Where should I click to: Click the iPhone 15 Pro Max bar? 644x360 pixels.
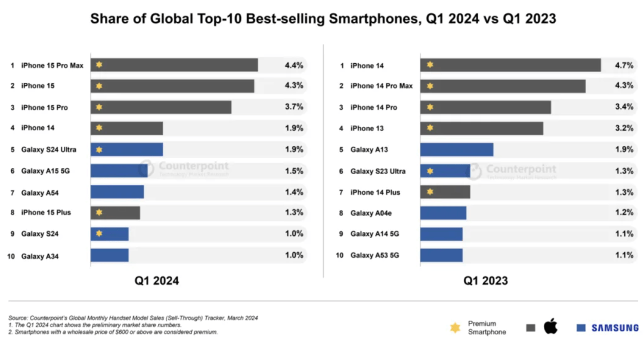174,65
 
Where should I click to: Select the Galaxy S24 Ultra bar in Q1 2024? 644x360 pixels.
126,150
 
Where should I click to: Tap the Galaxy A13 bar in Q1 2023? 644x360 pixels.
456,150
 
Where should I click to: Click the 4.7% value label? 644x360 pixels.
624,65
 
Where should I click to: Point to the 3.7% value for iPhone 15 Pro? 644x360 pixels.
294,107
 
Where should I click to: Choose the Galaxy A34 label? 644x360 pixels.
40,256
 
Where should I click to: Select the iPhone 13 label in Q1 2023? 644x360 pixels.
367,128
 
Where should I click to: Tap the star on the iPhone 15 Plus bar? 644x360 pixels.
99,213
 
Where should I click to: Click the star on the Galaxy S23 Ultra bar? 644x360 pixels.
429,171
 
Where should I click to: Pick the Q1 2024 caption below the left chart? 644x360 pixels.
156,280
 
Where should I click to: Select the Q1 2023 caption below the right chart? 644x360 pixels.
486,280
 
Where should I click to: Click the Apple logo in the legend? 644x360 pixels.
550,327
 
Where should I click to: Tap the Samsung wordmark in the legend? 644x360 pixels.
615,328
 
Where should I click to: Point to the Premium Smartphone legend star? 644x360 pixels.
455,328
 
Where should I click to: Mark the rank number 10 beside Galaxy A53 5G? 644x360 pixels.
340,256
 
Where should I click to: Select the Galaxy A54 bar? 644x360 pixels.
117,192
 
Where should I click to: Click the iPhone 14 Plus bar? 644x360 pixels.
445,192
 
